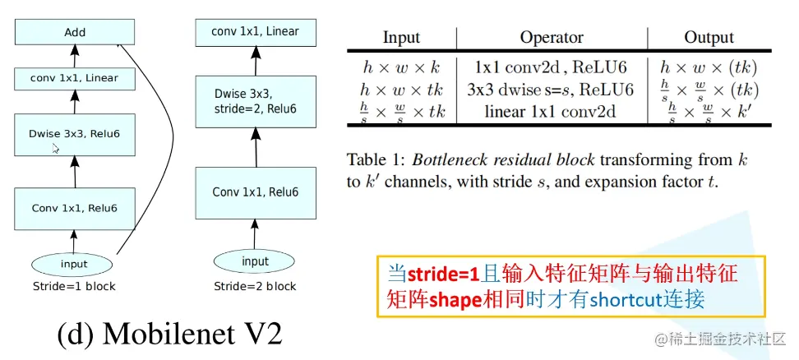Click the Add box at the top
[x=74, y=33]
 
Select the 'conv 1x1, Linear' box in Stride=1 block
[x=74, y=79]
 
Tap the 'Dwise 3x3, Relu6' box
[x=74, y=133]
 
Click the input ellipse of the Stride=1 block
[x=73, y=264]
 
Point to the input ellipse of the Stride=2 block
[x=255, y=261]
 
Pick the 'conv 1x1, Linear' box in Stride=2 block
[x=255, y=32]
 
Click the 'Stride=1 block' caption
[x=73, y=287]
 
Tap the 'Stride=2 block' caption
[x=255, y=287]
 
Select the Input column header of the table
[x=401, y=38]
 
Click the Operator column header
[x=552, y=38]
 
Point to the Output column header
[x=709, y=38]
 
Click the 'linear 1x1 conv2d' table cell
[x=552, y=112]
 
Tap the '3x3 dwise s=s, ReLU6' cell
[x=552, y=90]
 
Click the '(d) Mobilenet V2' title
[x=169, y=334]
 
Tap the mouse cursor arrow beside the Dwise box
[x=55, y=149]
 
